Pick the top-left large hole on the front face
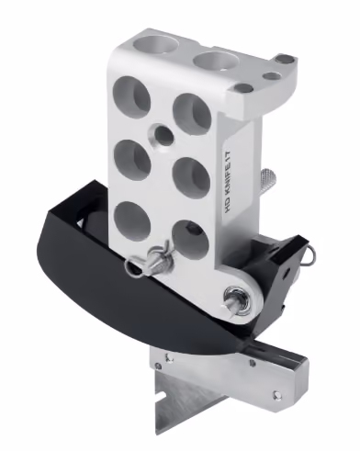pyautogui.click(x=131, y=94)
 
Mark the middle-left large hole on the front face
pyautogui.click(x=132, y=158)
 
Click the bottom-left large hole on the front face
pyautogui.click(x=133, y=219)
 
